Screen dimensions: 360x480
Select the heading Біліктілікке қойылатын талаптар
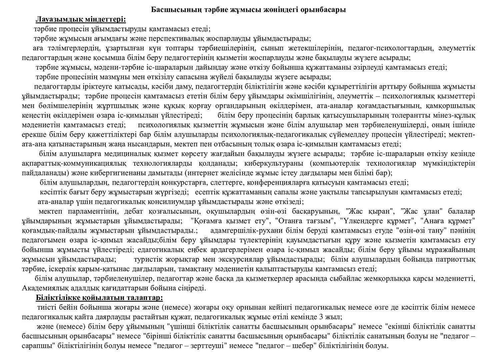[x=99, y=297]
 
